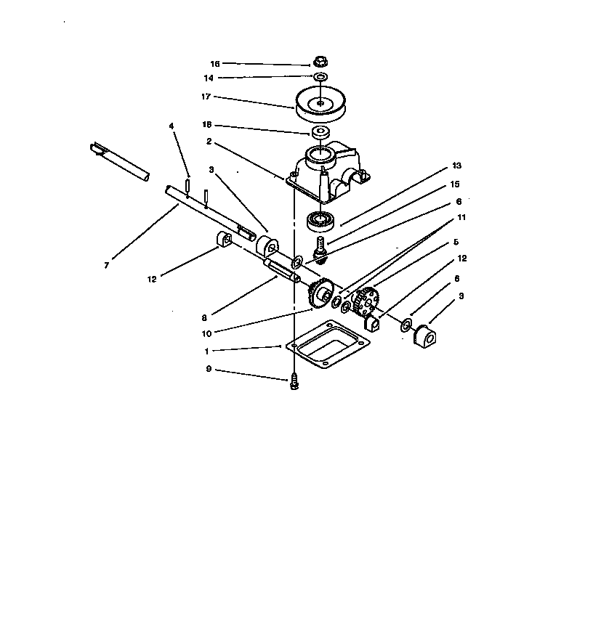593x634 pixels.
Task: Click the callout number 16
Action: (x=214, y=64)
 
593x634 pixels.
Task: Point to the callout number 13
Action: (x=456, y=165)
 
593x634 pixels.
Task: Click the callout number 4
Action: (x=172, y=126)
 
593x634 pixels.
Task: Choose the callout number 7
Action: (x=106, y=266)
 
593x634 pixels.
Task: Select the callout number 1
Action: (x=206, y=351)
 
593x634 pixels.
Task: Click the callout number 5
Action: (x=456, y=242)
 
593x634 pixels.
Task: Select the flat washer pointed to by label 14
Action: (x=320, y=76)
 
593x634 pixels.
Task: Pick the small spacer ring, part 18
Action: (x=319, y=133)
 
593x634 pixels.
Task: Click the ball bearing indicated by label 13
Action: (x=320, y=217)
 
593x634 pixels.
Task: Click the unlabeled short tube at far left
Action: (x=121, y=163)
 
